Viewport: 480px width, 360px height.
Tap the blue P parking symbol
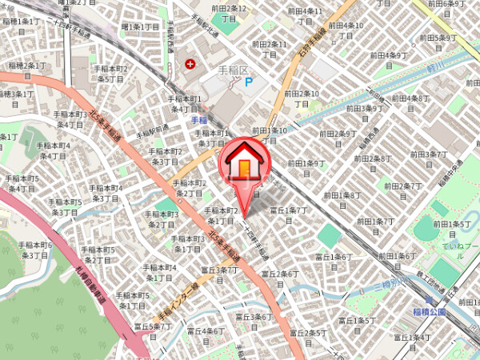(x=248, y=81)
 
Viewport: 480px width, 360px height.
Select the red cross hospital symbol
(x=190, y=63)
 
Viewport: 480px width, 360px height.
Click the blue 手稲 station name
(x=200, y=120)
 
